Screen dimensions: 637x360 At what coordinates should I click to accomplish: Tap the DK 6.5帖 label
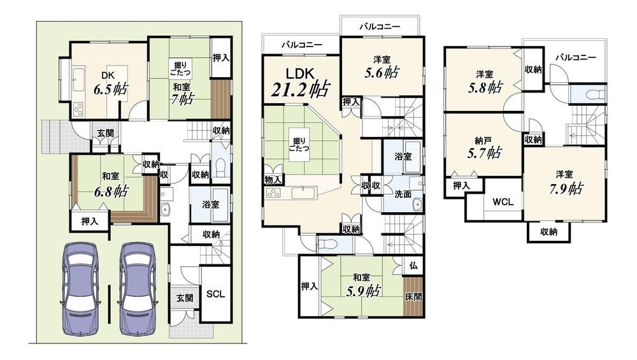pyautogui.click(x=110, y=84)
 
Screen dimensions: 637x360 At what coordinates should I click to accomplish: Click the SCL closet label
pyautogui.click(x=215, y=294)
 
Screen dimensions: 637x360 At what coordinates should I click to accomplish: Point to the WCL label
pyautogui.click(x=503, y=201)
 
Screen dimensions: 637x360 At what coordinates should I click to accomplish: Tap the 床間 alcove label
pyautogui.click(x=413, y=297)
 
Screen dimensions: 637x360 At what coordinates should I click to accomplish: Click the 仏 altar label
pyautogui.click(x=413, y=266)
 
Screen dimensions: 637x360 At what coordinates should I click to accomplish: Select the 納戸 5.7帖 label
pyautogui.click(x=483, y=148)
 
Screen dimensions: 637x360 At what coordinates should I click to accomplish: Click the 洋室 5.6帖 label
pyautogui.click(x=382, y=68)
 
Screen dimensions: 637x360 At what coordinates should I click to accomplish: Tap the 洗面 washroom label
pyautogui.click(x=403, y=194)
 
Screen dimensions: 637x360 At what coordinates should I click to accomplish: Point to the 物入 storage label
pyautogui.click(x=273, y=179)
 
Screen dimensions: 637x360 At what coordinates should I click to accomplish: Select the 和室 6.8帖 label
pyautogui.click(x=110, y=185)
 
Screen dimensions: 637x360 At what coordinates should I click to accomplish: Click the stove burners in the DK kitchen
pyautogui.click(x=78, y=108)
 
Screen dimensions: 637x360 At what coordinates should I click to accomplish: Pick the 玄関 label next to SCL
pyautogui.click(x=185, y=298)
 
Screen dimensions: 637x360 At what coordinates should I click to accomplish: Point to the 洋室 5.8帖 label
pyautogui.click(x=485, y=82)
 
